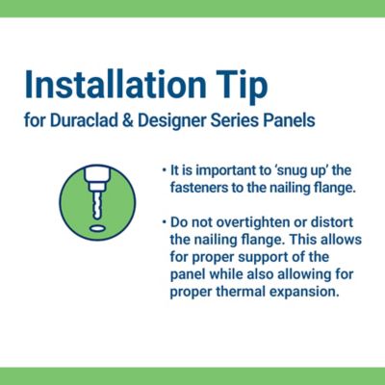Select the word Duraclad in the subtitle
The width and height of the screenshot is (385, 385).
click(82, 125)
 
